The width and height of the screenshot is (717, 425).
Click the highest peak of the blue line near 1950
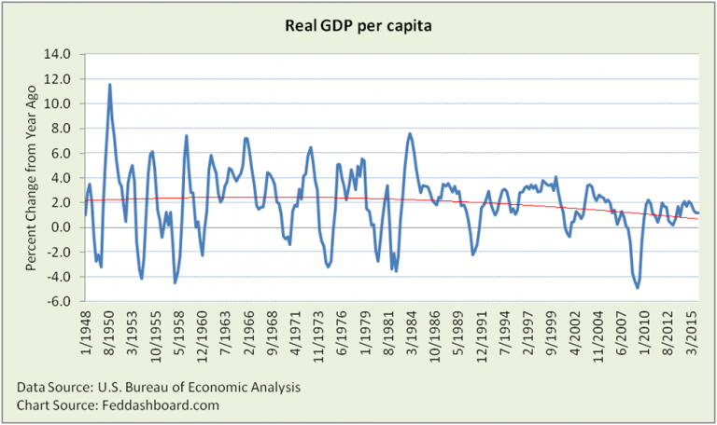click(110, 85)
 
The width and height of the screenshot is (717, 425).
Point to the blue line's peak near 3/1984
click(410, 133)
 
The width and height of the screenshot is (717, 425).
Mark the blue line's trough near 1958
click(175, 282)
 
